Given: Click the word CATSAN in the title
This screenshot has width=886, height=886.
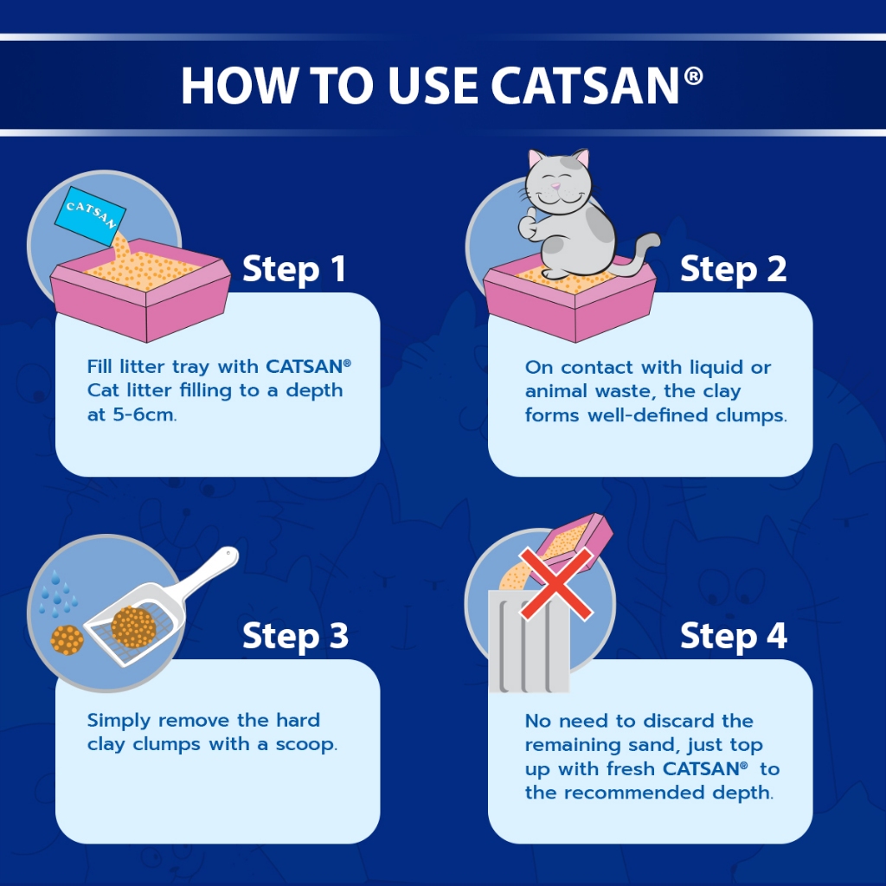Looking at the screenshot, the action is click(x=585, y=86).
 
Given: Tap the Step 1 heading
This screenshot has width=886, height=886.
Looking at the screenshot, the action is click(x=294, y=269).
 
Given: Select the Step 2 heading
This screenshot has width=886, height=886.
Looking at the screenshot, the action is click(x=733, y=269).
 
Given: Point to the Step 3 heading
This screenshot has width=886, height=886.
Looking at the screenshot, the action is click(x=295, y=636).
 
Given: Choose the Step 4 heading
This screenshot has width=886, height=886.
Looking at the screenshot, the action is click(x=734, y=636).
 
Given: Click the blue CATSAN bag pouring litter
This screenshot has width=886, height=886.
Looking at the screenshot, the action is click(x=90, y=215).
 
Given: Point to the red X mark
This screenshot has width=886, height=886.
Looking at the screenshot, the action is click(x=556, y=583).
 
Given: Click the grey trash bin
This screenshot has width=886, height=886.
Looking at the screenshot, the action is click(x=529, y=641).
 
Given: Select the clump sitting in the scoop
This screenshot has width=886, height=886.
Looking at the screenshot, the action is click(x=133, y=626).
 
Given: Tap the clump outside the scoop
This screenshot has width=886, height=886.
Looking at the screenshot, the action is click(x=67, y=639).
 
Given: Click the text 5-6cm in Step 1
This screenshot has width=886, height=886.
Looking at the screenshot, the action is click(x=144, y=414).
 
